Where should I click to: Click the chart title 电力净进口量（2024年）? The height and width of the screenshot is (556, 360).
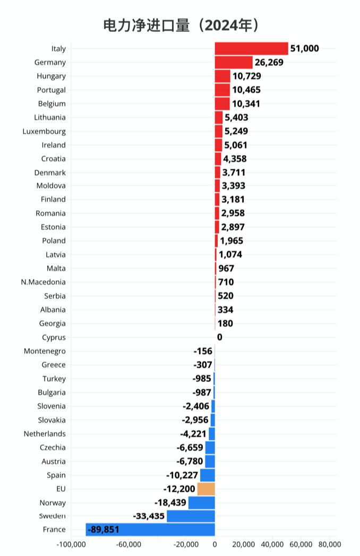coord(180,25)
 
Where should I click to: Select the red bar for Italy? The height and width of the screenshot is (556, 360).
coord(251,49)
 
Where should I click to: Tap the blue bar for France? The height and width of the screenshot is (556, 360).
coord(150,529)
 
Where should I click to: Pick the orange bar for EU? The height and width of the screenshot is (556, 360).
coord(206,489)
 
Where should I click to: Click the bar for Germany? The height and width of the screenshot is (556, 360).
coord(234,63)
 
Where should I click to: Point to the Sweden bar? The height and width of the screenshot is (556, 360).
coord(191,516)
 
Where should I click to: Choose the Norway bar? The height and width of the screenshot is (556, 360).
coord(202,502)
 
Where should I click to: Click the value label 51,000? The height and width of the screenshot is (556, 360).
coord(305,49)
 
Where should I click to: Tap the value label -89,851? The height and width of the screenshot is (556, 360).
coord(104,529)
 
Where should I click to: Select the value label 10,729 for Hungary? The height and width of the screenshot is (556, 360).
coord(247,76)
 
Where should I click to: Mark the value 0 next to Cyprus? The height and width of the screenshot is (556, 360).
coord(219,337)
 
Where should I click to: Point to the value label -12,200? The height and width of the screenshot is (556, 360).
coord(179,489)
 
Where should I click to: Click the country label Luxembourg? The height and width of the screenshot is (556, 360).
coord(45,131)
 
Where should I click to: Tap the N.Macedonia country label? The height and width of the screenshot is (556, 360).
coord(44,282)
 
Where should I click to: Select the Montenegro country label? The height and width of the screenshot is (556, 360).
coord(45,351)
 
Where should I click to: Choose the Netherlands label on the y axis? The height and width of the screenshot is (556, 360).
coord(45,433)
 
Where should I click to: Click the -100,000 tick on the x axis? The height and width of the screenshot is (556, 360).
coord(71,544)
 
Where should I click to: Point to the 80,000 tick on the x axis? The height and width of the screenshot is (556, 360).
coord(329,544)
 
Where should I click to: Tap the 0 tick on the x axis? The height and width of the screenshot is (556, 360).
coord(215,544)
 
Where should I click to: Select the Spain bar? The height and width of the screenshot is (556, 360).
coord(208,475)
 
